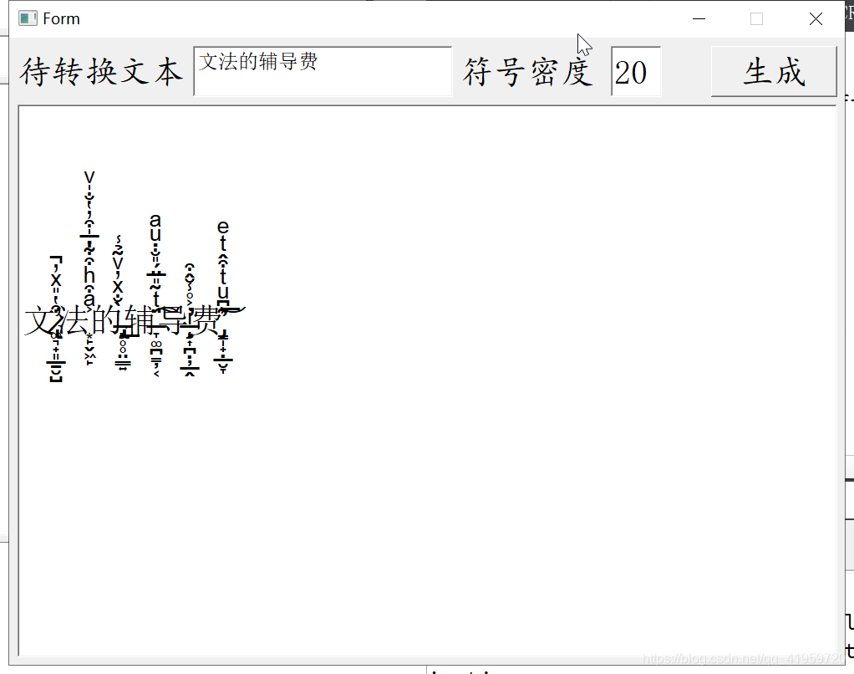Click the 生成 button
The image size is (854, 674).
point(773,72)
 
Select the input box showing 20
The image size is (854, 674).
point(635,72)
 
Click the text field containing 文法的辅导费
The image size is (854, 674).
point(322,71)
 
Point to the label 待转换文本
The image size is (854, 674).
point(101,72)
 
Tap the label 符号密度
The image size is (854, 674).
point(528,72)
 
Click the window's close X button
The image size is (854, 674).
point(816,19)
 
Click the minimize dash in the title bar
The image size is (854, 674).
point(699,19)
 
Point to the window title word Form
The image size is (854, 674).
point(62,19)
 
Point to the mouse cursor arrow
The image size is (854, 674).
point(583,43)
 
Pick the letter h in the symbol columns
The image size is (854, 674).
point(89,275)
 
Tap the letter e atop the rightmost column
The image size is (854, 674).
point(222,227)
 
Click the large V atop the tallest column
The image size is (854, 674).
point(89,178)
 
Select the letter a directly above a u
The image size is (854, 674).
point(155,221)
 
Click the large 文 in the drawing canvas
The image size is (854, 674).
point(40,320)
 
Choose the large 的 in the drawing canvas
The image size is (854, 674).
point(106,320)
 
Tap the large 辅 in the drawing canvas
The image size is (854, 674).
point(140,320)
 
